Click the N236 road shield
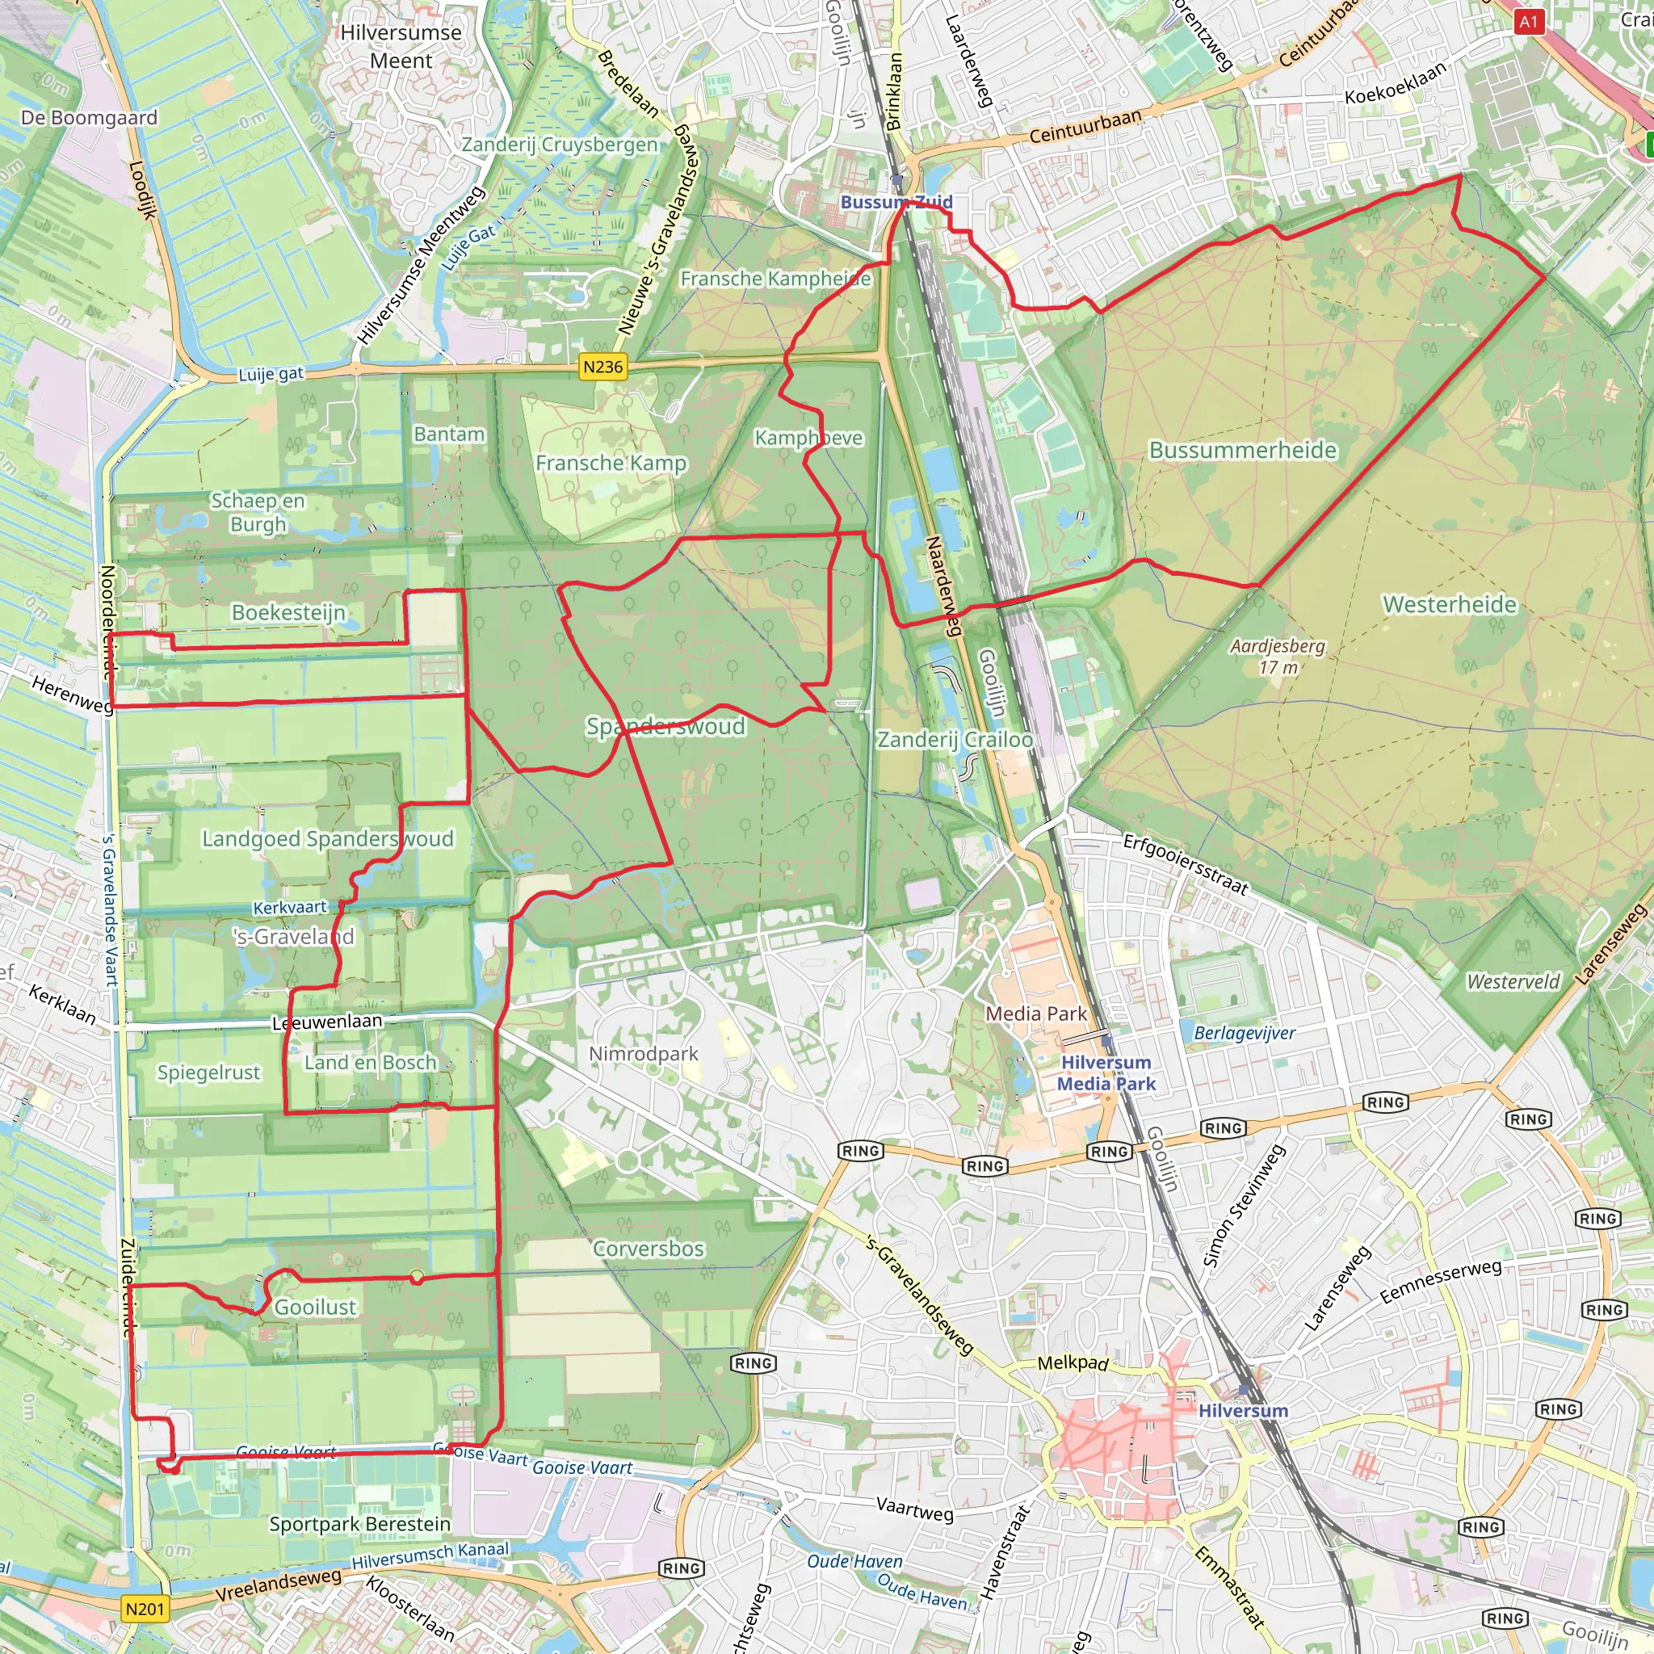pos(602,367)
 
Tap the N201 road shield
pos(145,1609)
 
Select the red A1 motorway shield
pos(1528,23)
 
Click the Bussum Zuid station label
pos(896,203)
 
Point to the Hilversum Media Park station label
pos(1106,1073)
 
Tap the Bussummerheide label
pos(1242,451)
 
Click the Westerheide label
pos(1450,605)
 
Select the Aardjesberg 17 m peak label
pos(1278,657)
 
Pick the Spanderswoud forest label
pos(665,727)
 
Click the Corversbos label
pos(648,1249)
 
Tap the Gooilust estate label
pos(315,1308)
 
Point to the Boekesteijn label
pos(288,613)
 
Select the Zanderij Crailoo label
pos(955,740)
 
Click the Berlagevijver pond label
pos(1244,1033)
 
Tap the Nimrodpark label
pos(644,1054)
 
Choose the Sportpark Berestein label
pos(359,1525)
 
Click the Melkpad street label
pos(1073,1362)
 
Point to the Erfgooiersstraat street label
pos(1186,865)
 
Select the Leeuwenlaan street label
pos(327,1022)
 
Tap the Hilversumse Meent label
pos(401,46)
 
